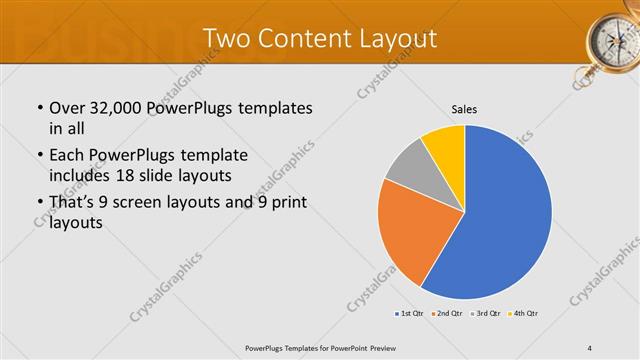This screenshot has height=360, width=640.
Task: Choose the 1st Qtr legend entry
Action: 408,313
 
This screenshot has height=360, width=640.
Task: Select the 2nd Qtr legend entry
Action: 446,313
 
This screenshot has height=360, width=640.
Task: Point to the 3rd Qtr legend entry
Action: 485,313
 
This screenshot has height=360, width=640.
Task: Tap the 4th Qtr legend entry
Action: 523,313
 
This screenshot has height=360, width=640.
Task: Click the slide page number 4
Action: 590,347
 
